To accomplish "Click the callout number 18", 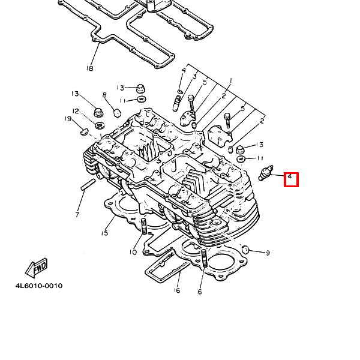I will click(x=89, y=68).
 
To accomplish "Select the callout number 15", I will click(x=104, y=233).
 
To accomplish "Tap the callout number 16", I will click(x=177, y=291).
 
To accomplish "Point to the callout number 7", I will click(x=77, y=214).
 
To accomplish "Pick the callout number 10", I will click(x=133, y=252).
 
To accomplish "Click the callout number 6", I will click(x=199, y=292).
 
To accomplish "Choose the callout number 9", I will click(x=268, y=253).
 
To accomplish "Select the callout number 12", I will click(x=76, y=111).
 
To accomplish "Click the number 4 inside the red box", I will click(x=290, y=176).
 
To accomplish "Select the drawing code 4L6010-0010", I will click(x=39, y=286).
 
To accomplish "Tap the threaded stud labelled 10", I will click(x=144, y=227).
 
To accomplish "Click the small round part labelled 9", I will click(x=245, y=249).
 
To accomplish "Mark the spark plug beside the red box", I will click(x=265, y=173).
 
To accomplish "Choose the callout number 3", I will click(x=194, y=77).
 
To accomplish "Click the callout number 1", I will click(x=230, y=81).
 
